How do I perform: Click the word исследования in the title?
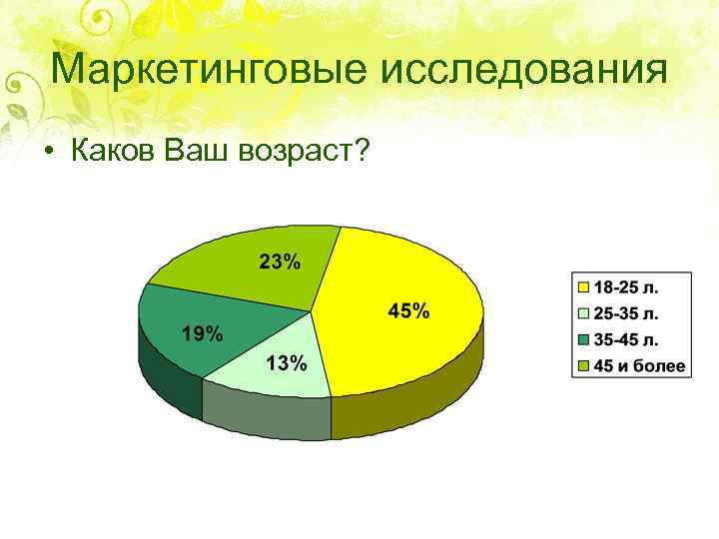pos(524,71)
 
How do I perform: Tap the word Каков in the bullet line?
pos(108,151)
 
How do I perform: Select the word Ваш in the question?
pos(199,151)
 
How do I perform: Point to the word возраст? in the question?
pos(305,152)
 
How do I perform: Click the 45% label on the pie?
pos(408,311)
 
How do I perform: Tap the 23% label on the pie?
pos(279,263)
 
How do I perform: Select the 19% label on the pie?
pos(202,333)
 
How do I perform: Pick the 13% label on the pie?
pos(286,362)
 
